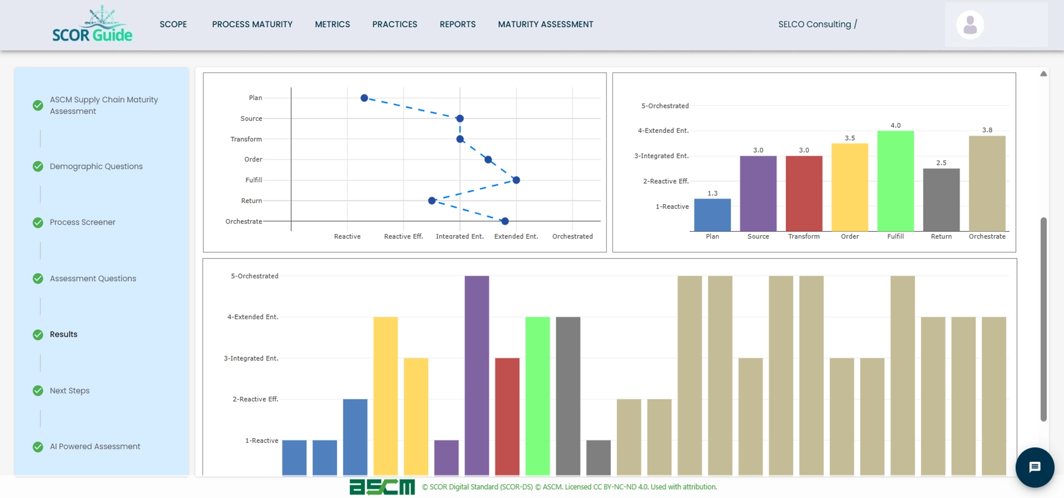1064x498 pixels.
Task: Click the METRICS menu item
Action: (332, 24)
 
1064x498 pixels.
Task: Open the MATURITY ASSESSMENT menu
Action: (545, 24)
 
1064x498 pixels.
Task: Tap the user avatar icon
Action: (970, 25)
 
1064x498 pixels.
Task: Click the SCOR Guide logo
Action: (92, 25)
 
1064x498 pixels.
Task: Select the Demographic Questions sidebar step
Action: (96, 167)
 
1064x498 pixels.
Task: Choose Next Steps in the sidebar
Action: (69, 391)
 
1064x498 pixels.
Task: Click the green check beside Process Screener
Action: (38, 222)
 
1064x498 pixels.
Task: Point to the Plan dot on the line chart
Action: (364, 98)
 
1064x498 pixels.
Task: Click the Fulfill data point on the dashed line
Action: (516, 180)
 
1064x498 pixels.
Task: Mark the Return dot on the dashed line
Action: (432, 200)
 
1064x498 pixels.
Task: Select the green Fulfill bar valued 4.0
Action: (895, 181)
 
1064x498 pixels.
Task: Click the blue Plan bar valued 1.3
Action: (712, 215)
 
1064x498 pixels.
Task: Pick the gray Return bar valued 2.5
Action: (941, 200)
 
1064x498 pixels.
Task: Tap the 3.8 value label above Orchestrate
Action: (987, 130)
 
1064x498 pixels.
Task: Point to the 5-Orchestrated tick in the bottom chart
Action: (254, 276)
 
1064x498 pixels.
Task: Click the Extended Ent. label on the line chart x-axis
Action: (516, 236)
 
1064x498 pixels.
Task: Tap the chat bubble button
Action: (1035, 467)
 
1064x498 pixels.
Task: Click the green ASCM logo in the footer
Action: (382, 487)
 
